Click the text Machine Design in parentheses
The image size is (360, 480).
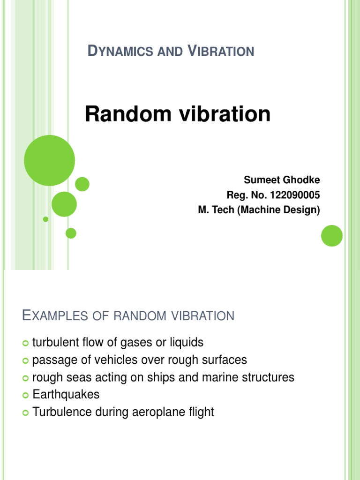click(280, 210)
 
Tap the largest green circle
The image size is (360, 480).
click(49, 160)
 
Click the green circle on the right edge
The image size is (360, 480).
click(332, 236)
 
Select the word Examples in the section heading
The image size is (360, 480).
click(53, 316)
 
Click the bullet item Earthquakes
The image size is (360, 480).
click(66, 395)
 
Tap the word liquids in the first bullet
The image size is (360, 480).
click(187, 343)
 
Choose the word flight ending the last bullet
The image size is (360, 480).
click(200, 412)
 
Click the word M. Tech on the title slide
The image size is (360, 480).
click(216, 210)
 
